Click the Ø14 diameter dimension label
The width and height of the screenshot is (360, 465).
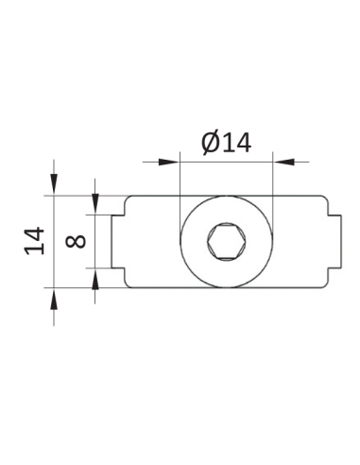point(226,144)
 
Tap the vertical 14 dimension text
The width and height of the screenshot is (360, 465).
point(34,241)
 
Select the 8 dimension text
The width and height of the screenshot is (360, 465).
point(76,241)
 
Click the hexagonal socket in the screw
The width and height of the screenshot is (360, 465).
point(226,242)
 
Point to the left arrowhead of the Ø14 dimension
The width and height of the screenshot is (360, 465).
point(169,162)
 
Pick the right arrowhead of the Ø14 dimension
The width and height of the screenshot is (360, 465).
point(283,162)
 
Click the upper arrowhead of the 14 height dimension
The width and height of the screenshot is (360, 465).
point(54,183)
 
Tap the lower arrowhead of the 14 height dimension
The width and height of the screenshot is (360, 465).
point(54,299)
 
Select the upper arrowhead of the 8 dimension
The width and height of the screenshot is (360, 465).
point(95,204)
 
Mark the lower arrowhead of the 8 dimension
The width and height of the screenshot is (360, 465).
point(95,279)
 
